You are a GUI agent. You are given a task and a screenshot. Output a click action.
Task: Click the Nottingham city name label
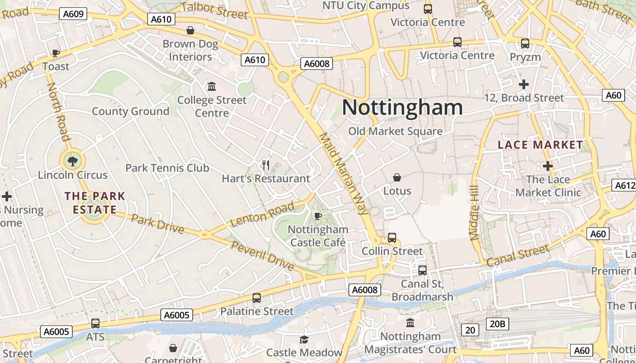tap(402, 108)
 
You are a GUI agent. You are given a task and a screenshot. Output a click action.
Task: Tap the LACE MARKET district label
tap(540, 145)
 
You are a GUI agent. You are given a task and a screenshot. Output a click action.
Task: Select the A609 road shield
tap(73, 14)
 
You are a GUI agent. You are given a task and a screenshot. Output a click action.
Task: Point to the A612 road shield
tap(625, 185)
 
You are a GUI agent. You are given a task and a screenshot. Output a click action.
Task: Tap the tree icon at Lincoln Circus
tap(72, 160)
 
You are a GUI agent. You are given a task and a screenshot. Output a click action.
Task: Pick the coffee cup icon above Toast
tap(56, 53)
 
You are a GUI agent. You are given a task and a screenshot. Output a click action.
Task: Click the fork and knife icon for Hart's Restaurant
tap(266, 165)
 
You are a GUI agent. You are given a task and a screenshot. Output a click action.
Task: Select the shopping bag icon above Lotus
tap(397, 177)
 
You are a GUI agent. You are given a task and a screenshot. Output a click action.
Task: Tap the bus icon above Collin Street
tap(392, 237)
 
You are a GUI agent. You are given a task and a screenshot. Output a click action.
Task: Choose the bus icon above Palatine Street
tap(257, 298)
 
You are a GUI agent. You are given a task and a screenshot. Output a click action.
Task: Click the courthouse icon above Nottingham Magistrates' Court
tap(410, 323)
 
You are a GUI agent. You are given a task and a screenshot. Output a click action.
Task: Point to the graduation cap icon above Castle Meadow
tap(303, 339)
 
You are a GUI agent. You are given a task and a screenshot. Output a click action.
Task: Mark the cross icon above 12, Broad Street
tap(524, 84)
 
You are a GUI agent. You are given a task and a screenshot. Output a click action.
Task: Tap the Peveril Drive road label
tap(263, 256)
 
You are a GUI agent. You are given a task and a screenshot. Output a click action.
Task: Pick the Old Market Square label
tap(395, 132)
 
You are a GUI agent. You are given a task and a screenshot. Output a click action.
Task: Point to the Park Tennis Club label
tap(167, 168)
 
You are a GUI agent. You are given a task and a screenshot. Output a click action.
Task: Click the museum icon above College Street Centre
tap(212, 86)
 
